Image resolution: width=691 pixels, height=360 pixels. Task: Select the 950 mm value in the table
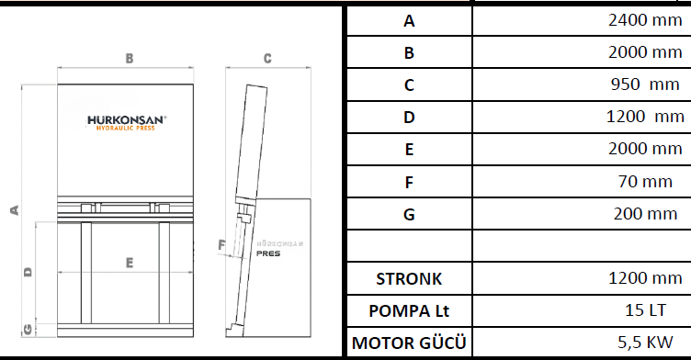645,84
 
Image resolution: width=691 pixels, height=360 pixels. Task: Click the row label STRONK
409,279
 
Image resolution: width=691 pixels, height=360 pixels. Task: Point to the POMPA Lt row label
409,311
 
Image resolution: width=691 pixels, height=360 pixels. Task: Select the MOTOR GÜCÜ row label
409,343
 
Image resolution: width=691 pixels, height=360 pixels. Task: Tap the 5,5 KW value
645,343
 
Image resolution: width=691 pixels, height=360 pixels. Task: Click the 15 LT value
645,310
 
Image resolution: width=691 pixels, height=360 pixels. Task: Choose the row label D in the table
409,118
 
